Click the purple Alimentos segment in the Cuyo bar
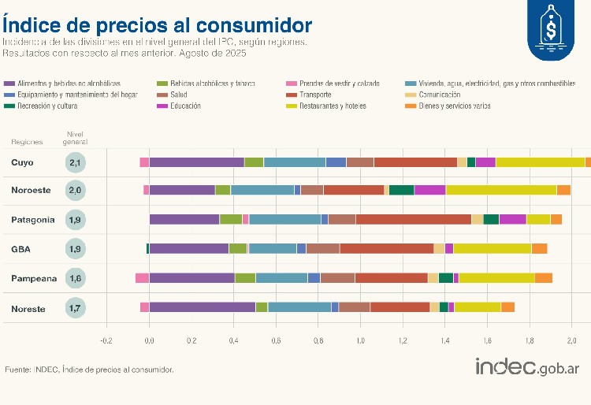[196, 162]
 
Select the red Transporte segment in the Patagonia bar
[413, 219]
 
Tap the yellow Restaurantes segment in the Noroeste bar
[501, 190]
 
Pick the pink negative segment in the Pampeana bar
[142, 277]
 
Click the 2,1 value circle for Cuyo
[76, 163]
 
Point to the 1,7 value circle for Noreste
[76, 308]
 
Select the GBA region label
[21, 250]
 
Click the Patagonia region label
[32, 220]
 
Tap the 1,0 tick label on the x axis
[360, 341]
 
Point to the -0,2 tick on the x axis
[106, 341]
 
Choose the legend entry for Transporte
[325, 95]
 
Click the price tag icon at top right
[550, 28]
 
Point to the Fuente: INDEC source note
[89, 369]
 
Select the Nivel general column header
[76, 138]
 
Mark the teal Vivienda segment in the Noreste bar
[299, 307]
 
